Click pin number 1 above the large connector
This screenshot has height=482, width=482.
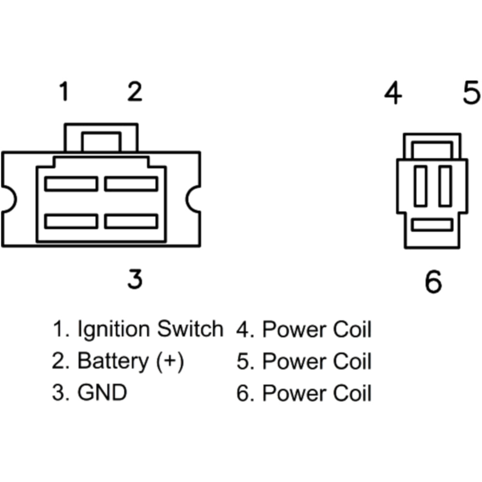[x=63, y=92]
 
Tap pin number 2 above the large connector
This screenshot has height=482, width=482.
[x=134, y=92]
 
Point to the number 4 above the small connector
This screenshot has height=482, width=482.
[x=393, y=93]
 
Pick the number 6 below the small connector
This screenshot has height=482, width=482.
[x=433, y=281]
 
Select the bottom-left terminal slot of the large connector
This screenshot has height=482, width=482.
[x=71, y=221]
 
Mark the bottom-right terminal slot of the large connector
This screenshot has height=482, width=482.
[x=131, y=221]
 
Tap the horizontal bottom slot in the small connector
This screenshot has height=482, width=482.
[x=433, y=225]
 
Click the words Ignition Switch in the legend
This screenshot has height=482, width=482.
[x=150, y=330]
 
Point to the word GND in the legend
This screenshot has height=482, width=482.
[x=102, y=393]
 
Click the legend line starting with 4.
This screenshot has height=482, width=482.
[x=304, y=330]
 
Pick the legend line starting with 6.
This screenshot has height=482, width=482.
[x=304, y=393]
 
